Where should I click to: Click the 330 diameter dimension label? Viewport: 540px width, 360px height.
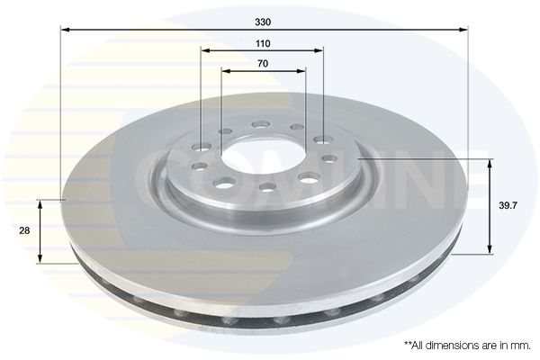[263, 22]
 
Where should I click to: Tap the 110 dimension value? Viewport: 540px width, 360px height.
[263, 44]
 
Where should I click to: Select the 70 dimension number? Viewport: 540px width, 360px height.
[263, 64]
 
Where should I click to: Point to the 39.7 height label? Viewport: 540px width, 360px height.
[508, 206]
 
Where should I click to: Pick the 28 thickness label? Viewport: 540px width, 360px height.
[24, 230]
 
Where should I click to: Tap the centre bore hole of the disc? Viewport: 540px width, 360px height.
[263, 154]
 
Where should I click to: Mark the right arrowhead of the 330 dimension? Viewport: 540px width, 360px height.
[463, 31]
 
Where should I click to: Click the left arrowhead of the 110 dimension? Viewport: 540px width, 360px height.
[206, 51]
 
